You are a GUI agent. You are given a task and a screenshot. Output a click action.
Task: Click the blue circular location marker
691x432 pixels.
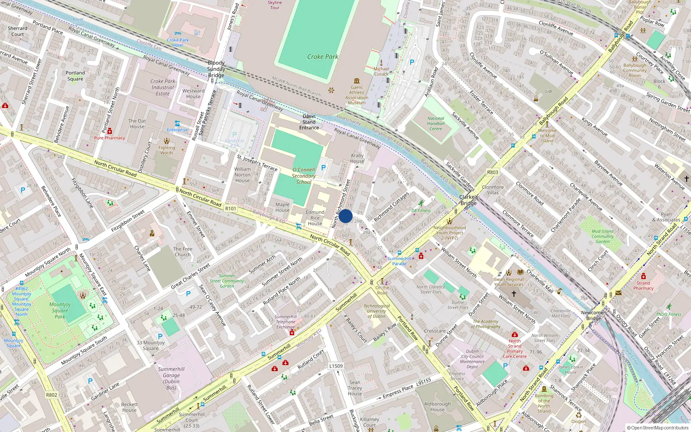345,216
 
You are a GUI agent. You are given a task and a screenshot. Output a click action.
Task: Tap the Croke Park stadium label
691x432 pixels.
323,57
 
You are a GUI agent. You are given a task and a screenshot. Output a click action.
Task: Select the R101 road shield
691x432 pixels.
231,209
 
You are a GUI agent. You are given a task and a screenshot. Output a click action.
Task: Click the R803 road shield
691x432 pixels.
492,172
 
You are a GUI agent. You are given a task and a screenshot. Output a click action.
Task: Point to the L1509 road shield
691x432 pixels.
336,366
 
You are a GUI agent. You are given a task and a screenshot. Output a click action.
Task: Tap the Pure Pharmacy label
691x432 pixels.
109,138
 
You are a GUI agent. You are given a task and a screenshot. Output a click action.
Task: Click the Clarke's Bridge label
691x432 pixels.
469,200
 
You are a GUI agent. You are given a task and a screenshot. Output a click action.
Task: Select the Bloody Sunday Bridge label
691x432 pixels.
216,69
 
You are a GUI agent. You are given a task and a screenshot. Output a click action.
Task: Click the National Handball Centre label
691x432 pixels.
435,124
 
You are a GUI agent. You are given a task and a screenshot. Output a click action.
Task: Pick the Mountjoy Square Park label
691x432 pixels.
60,310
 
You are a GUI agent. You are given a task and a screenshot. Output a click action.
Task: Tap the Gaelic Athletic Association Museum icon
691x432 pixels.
357,81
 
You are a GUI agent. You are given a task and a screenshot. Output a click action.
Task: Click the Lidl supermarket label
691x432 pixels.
548,92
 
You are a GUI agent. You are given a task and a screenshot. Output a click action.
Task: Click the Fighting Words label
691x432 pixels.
166,150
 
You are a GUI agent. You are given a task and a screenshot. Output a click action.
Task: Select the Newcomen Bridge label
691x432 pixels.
594,315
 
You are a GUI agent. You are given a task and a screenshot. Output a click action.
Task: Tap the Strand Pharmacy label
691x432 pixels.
643,286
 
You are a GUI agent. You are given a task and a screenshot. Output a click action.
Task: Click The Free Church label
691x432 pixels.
183,252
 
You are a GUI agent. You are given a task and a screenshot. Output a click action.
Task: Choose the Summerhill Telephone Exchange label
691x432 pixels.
285,322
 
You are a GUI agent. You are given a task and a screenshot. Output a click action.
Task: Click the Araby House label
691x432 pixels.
357,158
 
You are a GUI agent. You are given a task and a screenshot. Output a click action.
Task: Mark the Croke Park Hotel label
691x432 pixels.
178,42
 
